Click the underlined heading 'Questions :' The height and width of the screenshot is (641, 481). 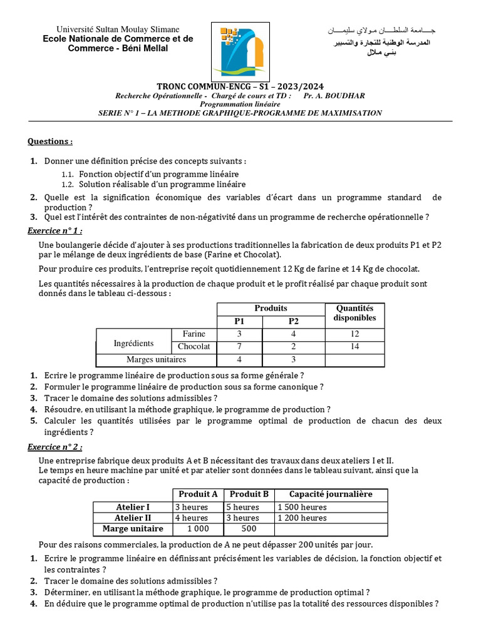click(50, 141)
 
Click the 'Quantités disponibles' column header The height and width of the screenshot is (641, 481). click(354, 313)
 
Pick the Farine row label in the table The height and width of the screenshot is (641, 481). click(194, 334)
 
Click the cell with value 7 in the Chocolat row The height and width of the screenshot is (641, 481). click(239, 346)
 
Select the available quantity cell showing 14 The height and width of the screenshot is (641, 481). click(354, 346)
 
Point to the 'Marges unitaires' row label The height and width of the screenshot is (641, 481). click(156, 359)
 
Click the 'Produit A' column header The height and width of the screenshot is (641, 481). click(198, 494)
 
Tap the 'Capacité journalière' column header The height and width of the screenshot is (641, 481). click(330, 494)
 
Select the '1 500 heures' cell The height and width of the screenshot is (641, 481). click(302, 507)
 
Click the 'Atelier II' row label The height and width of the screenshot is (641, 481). click(133, 518)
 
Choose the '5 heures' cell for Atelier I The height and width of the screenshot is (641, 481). click(242, 507)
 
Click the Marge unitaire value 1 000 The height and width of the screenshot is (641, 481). click(198, 529)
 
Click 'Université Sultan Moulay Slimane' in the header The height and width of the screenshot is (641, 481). click(118, 29)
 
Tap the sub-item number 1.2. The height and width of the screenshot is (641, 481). click(68, 185)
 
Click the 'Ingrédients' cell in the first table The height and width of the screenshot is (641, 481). click(133, 343)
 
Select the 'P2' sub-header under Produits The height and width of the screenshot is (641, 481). click(294, 321)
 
